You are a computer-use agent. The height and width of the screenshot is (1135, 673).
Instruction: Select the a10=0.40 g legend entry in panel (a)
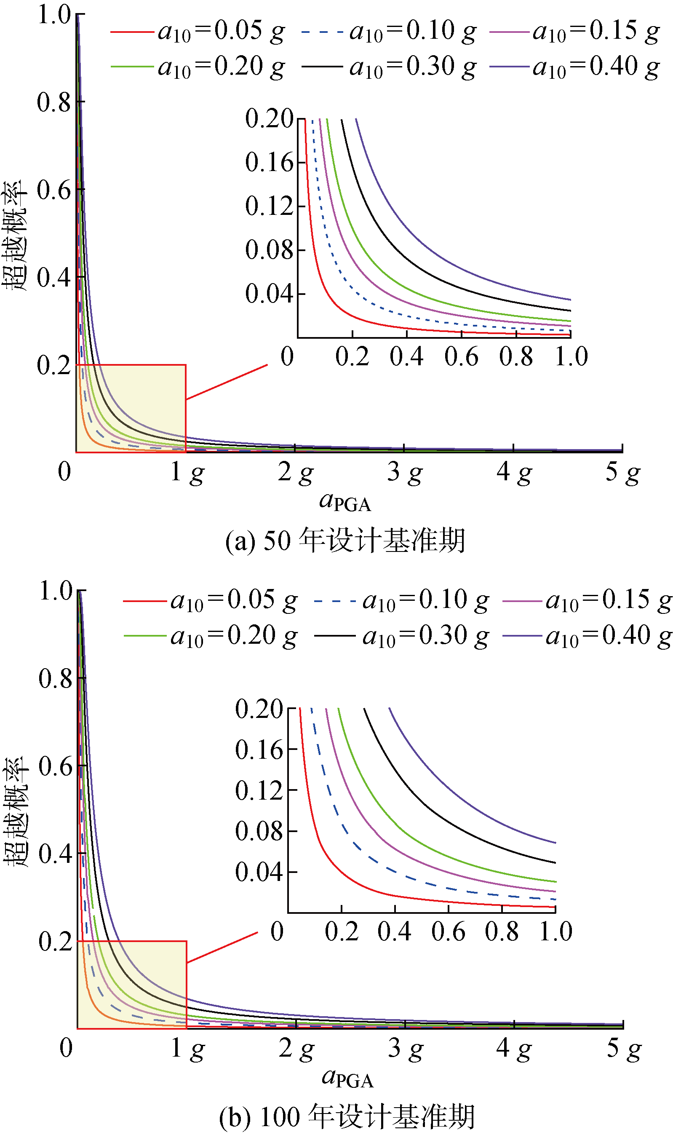point(574,67)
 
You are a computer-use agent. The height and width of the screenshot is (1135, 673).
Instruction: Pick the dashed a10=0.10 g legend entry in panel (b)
point(401,601)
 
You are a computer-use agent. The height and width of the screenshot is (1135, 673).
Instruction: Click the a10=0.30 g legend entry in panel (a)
point(389,67)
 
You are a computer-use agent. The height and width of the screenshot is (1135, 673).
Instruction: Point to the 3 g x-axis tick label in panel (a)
point(405,472)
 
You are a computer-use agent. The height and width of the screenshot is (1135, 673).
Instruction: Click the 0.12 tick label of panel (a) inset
point(270,206)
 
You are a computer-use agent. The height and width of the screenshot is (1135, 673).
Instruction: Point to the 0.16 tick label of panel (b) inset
point(259,750)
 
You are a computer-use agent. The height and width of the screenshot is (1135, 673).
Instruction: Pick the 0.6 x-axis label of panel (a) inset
point(461,356)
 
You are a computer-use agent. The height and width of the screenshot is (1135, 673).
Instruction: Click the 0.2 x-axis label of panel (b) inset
point(342,932)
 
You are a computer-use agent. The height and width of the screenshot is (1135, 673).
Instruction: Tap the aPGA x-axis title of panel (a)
point(345,502)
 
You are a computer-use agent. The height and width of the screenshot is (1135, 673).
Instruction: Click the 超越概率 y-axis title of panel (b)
point(16,812)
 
